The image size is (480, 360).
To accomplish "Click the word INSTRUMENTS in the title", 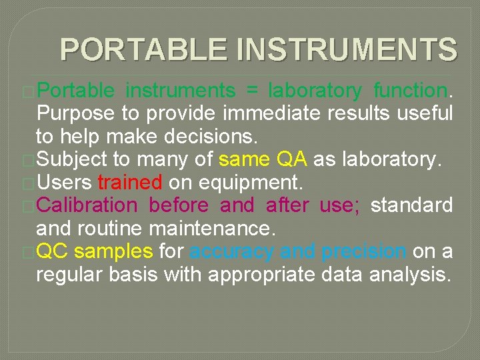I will click(x=347, y=50).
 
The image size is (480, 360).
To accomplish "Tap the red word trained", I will click(x=129, y=182).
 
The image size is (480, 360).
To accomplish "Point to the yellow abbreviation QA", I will click(x=291, y=159).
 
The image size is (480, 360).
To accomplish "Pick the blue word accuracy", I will click(x=231, y=251).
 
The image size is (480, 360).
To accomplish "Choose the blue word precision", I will click(x=363, y=251).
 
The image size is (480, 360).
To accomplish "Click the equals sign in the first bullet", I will click(x=251, y=90).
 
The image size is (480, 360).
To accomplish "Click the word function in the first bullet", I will click(x=410, y=90).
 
